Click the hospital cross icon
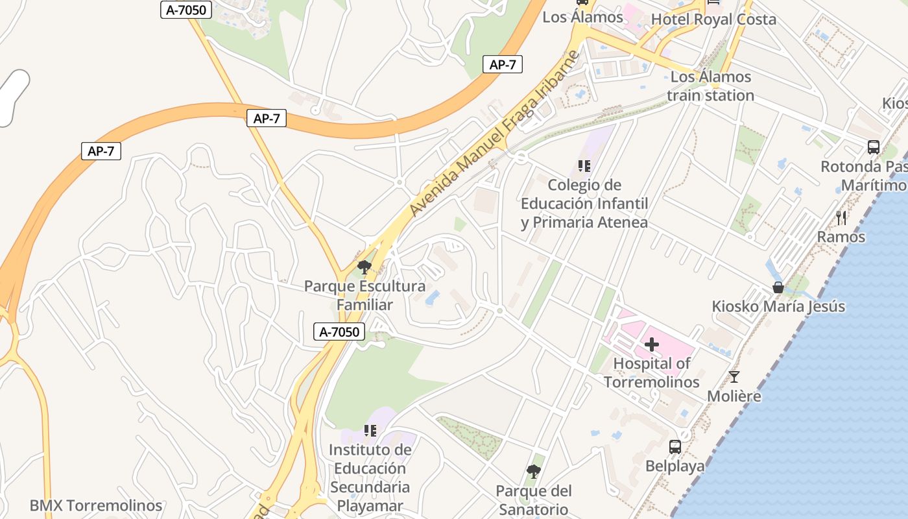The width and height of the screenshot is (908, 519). coord(652,344)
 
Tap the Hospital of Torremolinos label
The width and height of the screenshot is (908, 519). coord(652,372)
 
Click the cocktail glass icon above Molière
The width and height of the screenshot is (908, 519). coord(734,376)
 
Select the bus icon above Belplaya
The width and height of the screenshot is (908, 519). coord(675,446)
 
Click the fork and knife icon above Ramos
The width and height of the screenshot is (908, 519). coord(842,217)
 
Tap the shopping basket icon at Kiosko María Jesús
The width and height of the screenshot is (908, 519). coord(778,287)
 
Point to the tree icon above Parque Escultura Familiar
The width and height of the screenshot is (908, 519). coord(364,267)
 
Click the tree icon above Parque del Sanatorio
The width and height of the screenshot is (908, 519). coord(533,471)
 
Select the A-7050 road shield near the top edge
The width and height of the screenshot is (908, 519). coord(186,9)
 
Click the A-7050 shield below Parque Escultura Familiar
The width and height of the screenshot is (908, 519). coord(339,332)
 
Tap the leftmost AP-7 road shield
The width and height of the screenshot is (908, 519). coord(101,151)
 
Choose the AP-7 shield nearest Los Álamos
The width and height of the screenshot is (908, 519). coord(503,64)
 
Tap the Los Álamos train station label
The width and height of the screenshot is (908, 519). coord(711,86)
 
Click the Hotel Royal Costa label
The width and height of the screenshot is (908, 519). coord(713,19)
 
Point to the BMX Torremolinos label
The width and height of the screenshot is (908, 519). coord(96,505)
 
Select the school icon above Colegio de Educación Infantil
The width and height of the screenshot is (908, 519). coord(584,166)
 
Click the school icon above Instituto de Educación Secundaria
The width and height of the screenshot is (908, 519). coord(370,430)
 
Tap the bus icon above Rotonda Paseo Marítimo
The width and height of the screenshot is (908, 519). coord(874,147)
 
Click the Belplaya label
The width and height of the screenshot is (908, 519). coord(675,466)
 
